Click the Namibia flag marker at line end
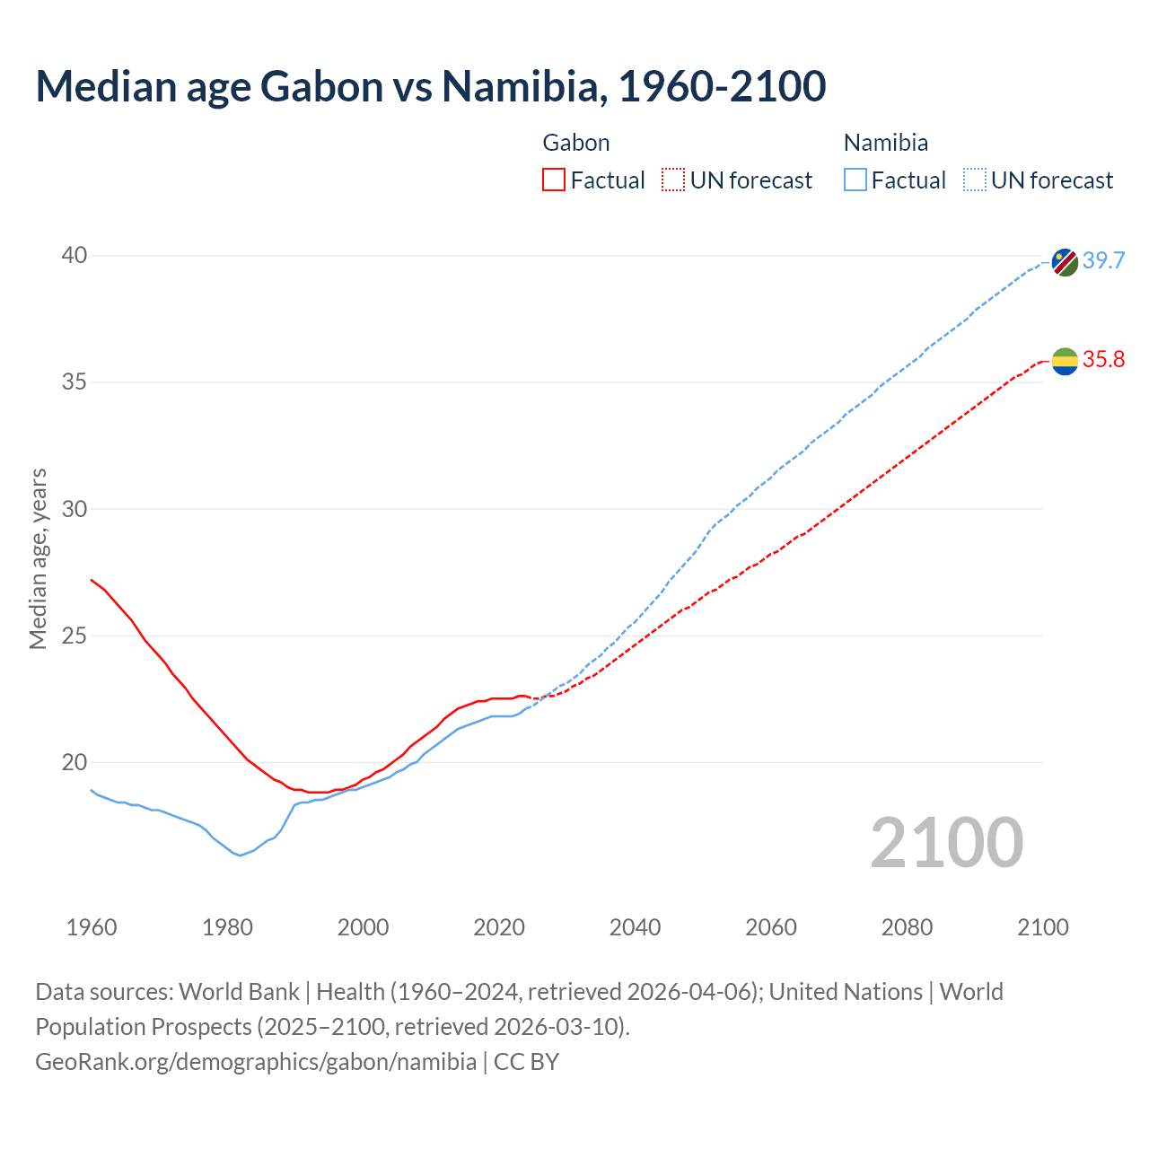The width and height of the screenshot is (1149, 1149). tap(1065, 262)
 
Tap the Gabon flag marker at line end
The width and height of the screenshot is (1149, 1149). tap(1065, 361)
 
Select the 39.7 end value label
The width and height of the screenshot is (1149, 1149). tap(1103, 261)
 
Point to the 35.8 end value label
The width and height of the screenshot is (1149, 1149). tap(1103, 360)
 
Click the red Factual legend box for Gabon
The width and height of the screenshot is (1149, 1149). tap(554, 180)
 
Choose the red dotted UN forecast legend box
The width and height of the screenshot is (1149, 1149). tap(673, 180)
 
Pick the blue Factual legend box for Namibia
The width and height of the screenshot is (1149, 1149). tap(855, 180)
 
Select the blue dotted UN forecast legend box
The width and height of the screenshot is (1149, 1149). tap(974, 180)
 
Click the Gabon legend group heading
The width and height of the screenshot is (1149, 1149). tap(576, 143)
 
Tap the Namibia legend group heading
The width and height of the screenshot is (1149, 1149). tap(885, 143)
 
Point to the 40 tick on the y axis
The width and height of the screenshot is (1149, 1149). tap(75, 256)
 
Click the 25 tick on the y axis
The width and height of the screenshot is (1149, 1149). tap(75, 636)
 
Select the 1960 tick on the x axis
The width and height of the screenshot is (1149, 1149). tap(92, 927)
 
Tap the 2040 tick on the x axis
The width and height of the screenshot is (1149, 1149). tap(635, 927)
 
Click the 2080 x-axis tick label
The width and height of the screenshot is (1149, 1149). tap(907, 927)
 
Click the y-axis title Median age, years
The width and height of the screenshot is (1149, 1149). tap(38, 558)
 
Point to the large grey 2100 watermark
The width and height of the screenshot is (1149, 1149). tap(946, 842)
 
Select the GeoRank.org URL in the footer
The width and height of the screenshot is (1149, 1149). tap(256, 1062)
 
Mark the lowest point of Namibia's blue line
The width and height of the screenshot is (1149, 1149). tap(240, 855)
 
